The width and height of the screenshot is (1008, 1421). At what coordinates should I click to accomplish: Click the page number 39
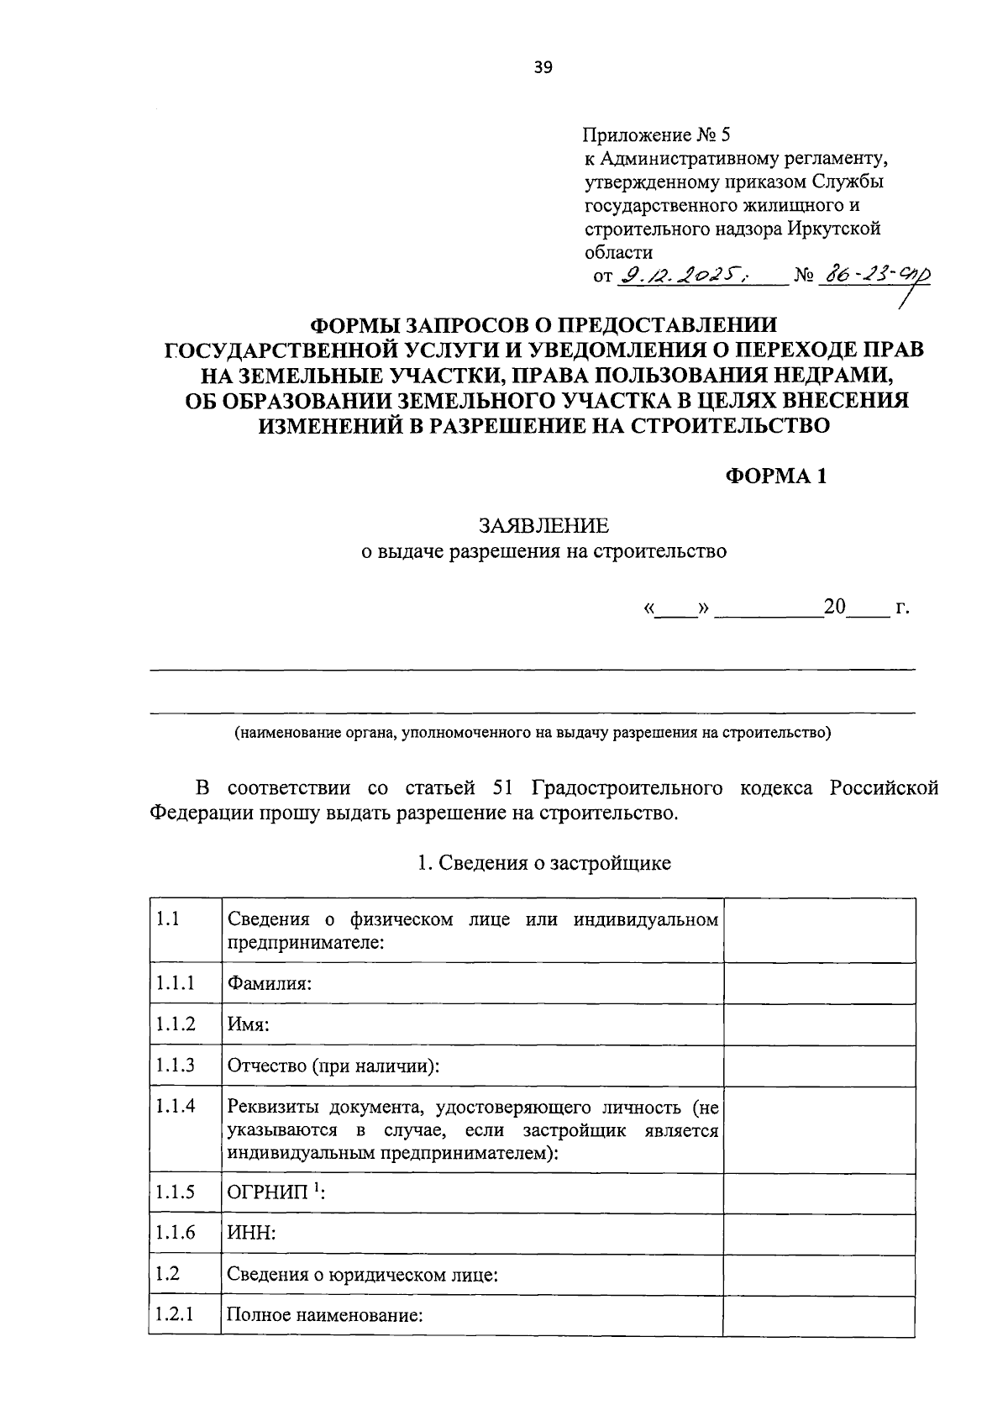coord(543,69)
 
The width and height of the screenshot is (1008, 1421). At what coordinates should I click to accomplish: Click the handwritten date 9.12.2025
coord(683,276)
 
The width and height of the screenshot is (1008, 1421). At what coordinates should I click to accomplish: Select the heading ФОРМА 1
coord(776,476)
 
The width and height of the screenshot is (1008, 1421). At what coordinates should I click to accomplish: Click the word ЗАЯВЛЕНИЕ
coord(543,526)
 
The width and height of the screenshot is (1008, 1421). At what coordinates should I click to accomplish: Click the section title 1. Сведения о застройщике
coord(543,863)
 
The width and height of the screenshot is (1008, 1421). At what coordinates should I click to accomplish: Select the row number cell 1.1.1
coord(174,982)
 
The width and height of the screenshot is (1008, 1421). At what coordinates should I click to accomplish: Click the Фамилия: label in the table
coord(270,983)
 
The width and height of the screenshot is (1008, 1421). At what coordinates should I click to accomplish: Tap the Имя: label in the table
coord(248,1024)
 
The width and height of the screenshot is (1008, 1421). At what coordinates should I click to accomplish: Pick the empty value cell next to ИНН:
coord(819,1234)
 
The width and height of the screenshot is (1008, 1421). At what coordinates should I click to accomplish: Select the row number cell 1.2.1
coord(174,1313)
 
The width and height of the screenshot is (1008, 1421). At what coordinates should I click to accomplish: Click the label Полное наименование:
coord(324,1315)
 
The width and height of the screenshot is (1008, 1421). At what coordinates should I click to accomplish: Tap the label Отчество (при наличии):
coord(333,1066)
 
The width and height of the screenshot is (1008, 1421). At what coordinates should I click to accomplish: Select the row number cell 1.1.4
coord(175,1106)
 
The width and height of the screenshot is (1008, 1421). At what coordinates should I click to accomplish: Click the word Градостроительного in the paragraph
coord(627,788)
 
